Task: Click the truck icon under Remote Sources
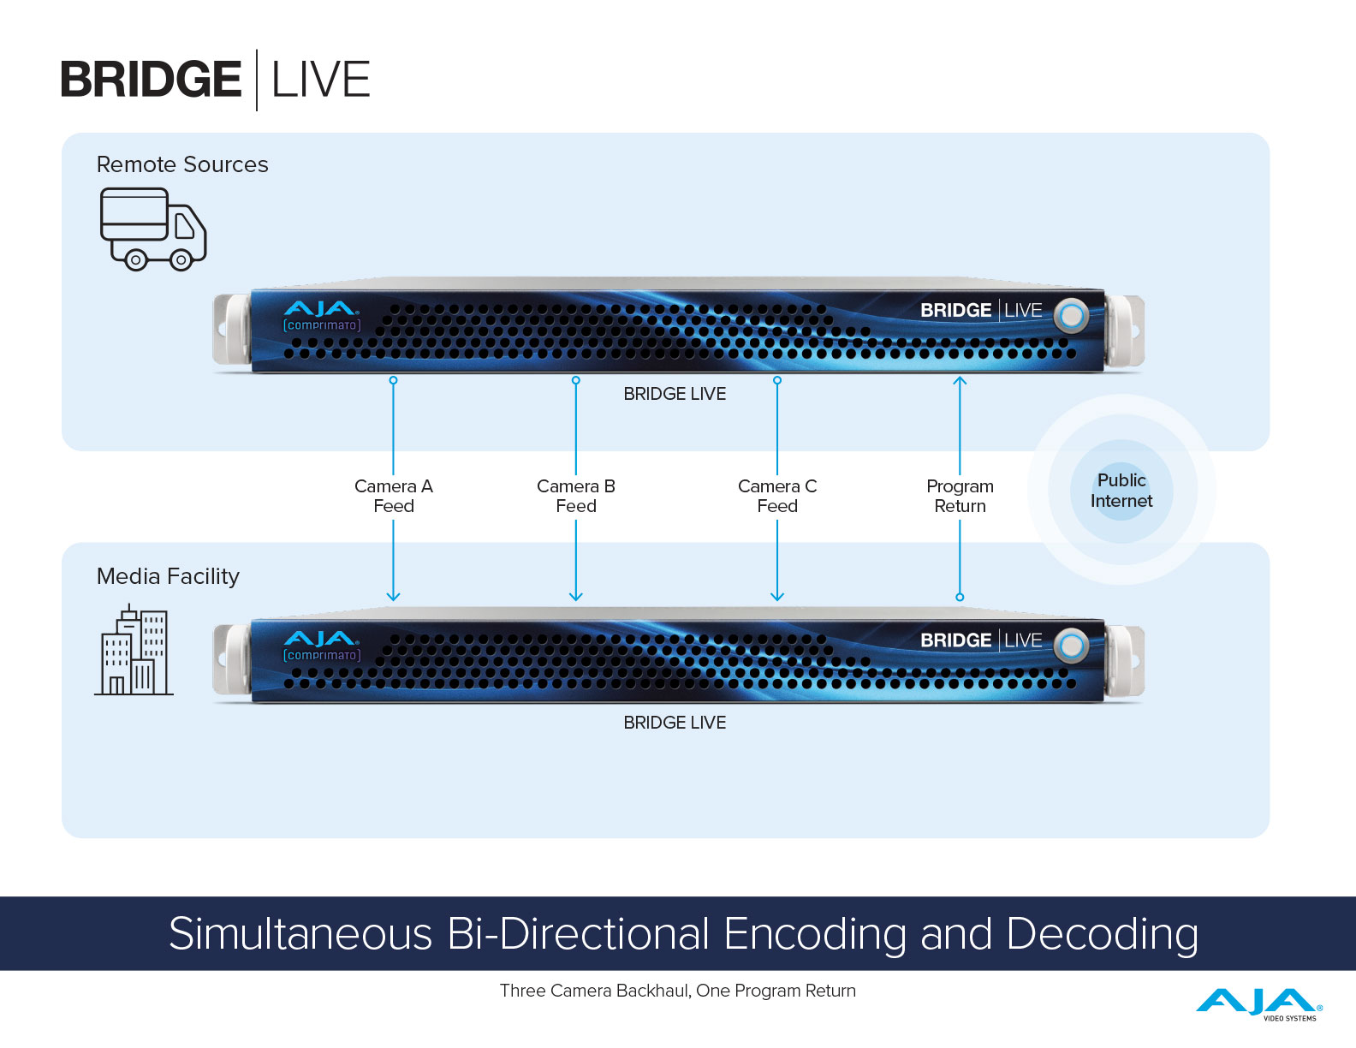point(153,229)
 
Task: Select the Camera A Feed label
point(393,497)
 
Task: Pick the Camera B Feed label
point(576,497)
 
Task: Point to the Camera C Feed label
point(777,497)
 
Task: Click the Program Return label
point(960,497)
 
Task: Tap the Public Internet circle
point(1121,491)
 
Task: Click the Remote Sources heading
point(182,164)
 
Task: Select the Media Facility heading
point(168,576)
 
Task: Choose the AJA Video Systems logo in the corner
point(1258,1004)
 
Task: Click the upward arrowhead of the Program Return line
point(960,380)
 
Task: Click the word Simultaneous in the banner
point(300,934)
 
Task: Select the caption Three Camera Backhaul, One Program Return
point(678,991)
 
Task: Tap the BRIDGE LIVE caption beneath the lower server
point(675,723)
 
